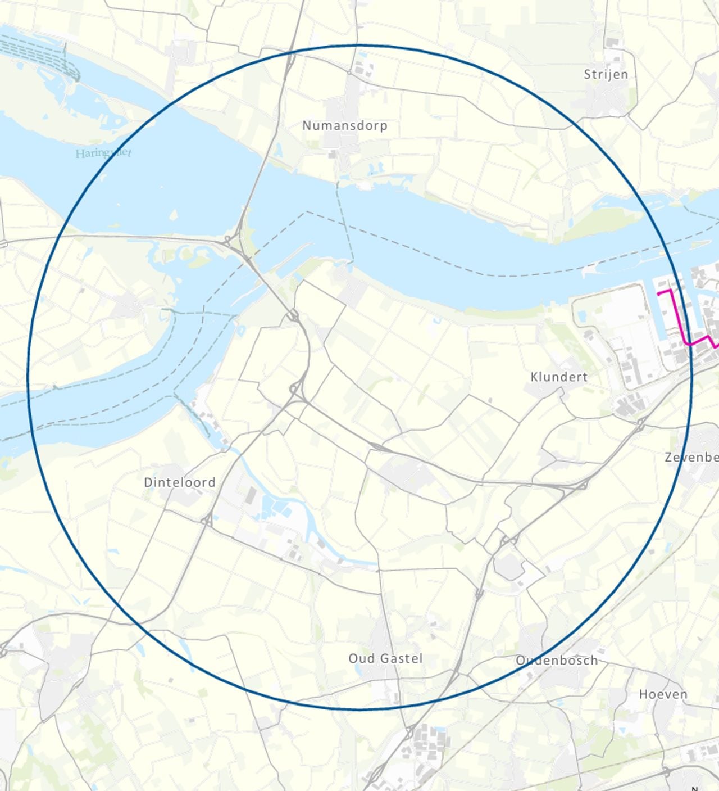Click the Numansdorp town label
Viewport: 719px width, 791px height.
click(x=344, y=125)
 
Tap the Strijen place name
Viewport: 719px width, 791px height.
click(x=606, y=74)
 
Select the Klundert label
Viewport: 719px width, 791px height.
click(x=558, y=377)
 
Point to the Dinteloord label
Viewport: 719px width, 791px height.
click(x=179, y=482)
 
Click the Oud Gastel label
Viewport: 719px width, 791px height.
click(x=385, y=658)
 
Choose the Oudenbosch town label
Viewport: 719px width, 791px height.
click(x=557, y=661)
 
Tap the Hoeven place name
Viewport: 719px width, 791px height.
click(x=663, y=694)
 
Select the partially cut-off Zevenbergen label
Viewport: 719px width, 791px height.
click(x=691, y=457)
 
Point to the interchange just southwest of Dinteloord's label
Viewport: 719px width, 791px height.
click(x=207, y=521)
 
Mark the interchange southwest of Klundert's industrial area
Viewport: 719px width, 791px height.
click(x=640, y=424)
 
